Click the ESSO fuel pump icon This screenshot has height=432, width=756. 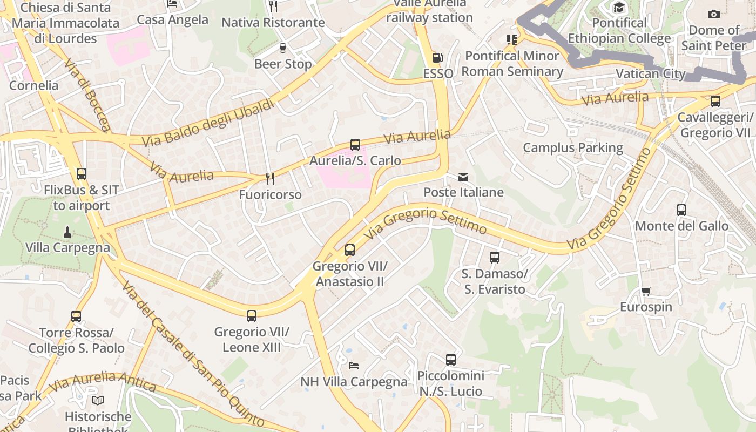tap(437, 58)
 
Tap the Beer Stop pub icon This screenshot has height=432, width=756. tap(282, 48)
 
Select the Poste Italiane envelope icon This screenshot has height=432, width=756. tap(463, 177)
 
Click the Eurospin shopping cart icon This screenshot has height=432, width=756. tap(646, 291)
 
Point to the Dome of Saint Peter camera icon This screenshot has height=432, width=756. tap(713, 14)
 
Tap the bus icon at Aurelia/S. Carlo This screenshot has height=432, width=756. tap(355, 145)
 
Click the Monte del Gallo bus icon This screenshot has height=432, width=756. tap(681, 210)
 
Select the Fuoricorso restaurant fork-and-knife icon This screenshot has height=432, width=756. tap(270, 178)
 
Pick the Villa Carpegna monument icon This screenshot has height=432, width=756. tap(67, 232)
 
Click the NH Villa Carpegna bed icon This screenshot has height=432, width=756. tap(354, 366)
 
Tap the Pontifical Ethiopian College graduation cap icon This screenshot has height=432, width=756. tap(619, 7)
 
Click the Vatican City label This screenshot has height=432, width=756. tap(651, 74)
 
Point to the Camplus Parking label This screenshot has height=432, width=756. tap(573, 147)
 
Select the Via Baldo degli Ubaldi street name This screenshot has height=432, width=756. tap(208, 124)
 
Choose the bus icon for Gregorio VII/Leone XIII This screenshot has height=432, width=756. tap(252, 316)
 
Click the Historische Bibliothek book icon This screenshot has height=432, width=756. tap(98, 400)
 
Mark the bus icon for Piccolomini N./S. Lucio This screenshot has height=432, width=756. tap(451, 359)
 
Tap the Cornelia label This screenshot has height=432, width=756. tap(33, 85)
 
